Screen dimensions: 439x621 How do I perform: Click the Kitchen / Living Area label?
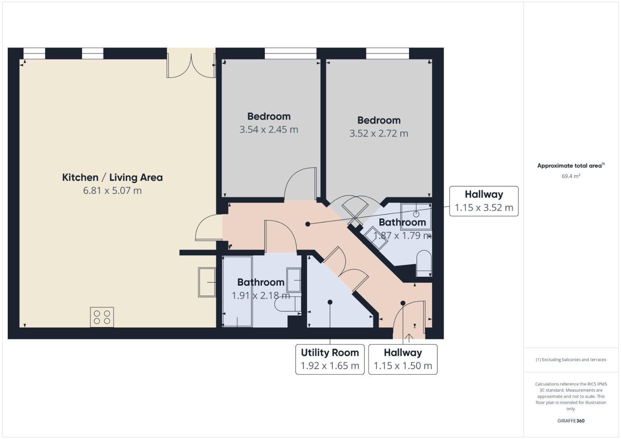[112, 178]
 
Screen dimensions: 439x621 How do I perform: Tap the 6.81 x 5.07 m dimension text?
[112, 191]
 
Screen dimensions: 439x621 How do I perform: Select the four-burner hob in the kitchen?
[102, 317]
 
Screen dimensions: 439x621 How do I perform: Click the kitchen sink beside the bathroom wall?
[207, 282]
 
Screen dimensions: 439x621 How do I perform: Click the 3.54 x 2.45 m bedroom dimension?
[268, 130]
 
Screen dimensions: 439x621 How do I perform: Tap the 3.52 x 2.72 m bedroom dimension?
[379, 134]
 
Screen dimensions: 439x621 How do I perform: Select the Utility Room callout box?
[330, 359]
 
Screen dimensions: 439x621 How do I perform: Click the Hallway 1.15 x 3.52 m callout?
[484, 201]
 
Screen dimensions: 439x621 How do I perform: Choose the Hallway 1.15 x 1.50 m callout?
[403, 359]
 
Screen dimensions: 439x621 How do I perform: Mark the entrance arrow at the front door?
[409, 337]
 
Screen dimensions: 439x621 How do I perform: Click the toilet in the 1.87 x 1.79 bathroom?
[424, 263]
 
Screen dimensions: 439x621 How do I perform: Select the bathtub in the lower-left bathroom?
[238, 291]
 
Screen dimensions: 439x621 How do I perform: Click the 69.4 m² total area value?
[571, 176]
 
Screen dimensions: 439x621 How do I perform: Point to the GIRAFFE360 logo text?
[571, 421]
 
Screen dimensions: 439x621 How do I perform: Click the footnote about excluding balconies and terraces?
[571, 360]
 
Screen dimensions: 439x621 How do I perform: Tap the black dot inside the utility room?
[330, 302]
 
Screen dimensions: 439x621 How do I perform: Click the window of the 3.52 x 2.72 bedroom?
[387, 53]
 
